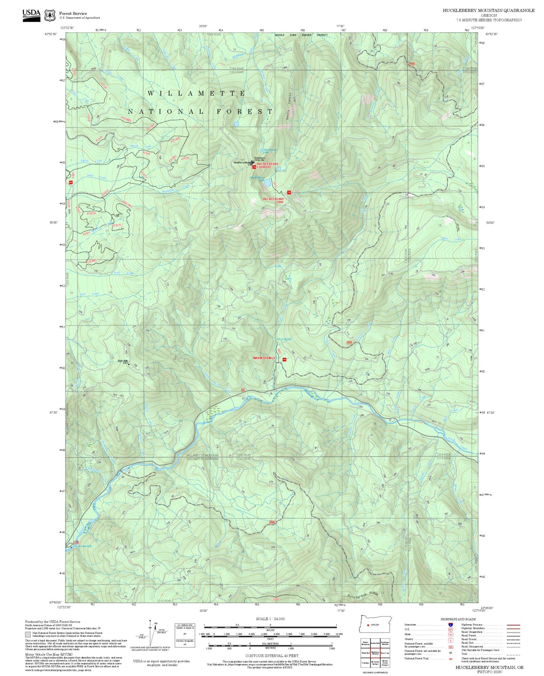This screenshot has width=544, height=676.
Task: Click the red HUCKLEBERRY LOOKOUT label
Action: tap(268, 165)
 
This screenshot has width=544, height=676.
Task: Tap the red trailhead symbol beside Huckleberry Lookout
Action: tap(254, 167)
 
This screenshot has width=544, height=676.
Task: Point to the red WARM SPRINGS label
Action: tap(264, 358)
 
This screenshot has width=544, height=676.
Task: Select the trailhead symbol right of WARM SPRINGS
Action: tap(285, 359)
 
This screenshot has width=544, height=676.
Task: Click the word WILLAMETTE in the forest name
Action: tap(196, 93)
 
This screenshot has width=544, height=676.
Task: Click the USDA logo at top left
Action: tap(31, 15)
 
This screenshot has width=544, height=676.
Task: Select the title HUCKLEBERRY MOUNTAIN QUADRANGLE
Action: tap(488, 11)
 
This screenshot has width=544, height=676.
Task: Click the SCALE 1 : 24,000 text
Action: tap(270, 619)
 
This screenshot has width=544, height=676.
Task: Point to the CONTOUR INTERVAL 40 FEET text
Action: tap(270, 656)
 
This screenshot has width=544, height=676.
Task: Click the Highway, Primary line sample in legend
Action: tap(514, 625)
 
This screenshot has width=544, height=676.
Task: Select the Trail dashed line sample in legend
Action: tap(514, 655)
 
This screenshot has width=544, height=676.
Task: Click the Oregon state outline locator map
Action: tap(376, 624)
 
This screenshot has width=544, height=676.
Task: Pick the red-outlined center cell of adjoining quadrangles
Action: tap(375, 653)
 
